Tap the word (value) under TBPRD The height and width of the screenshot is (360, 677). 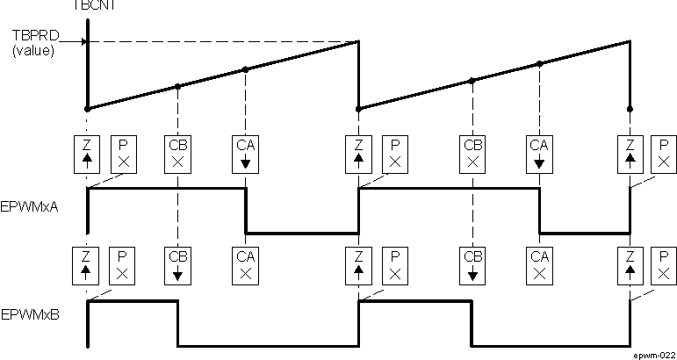click(x=32, y=51)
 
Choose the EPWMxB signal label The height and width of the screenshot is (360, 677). click(x=31, y=313)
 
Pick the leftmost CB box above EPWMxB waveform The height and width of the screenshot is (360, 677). click(x=177, y=265)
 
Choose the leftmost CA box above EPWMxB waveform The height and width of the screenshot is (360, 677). click(x=245, y=265)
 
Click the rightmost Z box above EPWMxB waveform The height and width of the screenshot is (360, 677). click(x=629, y=265)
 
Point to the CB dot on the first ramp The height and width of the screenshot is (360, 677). click(x=178, y=86)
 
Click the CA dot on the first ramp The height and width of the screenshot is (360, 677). click(x=245, y=69)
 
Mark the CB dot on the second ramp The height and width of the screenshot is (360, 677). click(x=472, y=80)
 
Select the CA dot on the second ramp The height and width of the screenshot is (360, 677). click(x=539, y=63)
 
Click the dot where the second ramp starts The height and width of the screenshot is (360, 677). click(x=358, y=109)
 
